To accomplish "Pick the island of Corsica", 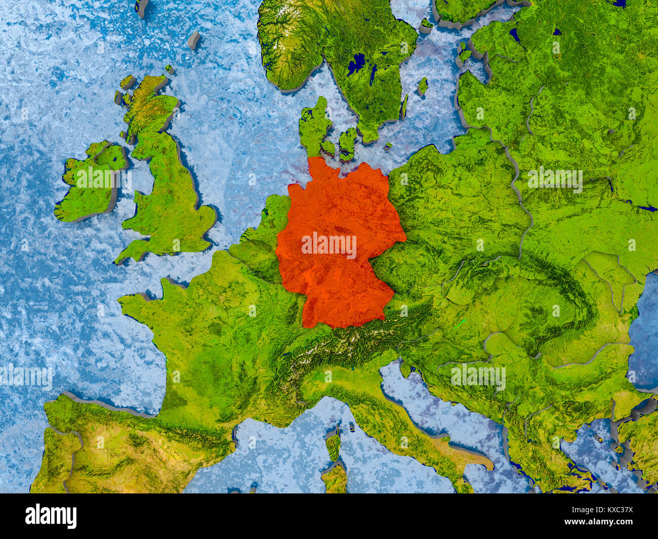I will click(333, 445).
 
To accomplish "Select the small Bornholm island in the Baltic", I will click(388, 146).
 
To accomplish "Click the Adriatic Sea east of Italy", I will click(445, 415).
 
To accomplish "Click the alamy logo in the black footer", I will click(51, 516).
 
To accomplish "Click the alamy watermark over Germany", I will click(329, 245).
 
